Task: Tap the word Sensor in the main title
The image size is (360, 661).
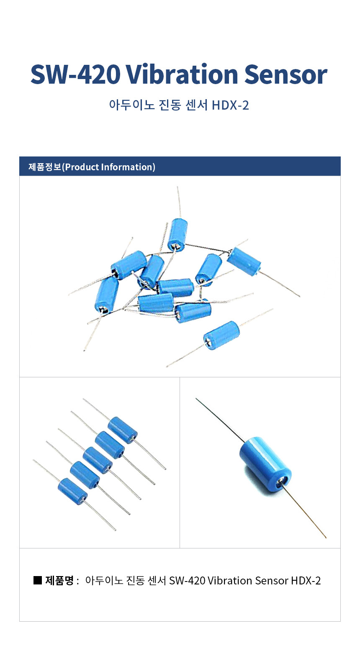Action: click(x=286, y=74)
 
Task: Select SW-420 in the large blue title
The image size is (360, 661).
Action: click(x=75, y=74)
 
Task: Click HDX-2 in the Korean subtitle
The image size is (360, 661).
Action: click(x=230, y=105)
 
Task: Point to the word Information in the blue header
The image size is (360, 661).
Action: click(x=127, y=167)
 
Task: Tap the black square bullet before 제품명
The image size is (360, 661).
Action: click(x=38, y=580)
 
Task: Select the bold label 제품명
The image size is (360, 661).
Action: click(x=59, y=580)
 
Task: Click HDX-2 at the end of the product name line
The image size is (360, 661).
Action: click(x=306, y=580)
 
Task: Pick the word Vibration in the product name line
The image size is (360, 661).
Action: click(x=230, y=580)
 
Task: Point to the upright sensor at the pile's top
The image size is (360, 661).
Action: click(x=177, y=235)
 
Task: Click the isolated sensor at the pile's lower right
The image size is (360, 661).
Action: click(x=221, y=336)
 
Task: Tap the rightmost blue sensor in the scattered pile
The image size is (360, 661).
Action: click(x=244, y=262)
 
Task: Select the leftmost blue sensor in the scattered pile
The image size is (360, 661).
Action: click(x=107, y=295)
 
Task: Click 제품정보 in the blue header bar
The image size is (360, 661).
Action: click(x=45, y=167)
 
